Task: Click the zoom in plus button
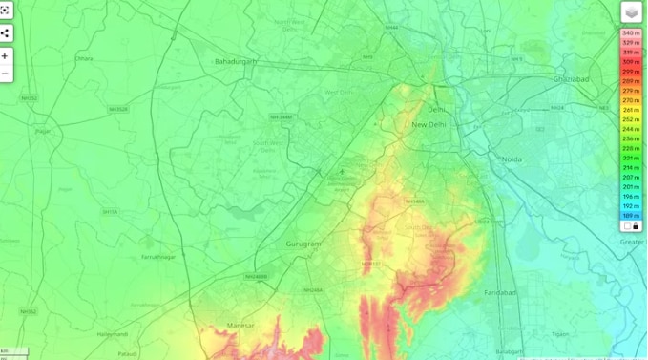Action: [x=5, y=56]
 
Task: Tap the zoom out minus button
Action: [x=5, y=74]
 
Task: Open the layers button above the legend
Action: [x=631, y=11]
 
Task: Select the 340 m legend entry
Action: [x=631, y=33]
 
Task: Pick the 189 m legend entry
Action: [x=631, y=216]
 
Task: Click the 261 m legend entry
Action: [x=631, y=110]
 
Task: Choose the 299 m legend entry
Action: [x=631, y=72]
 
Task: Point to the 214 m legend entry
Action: [x=631, y=168]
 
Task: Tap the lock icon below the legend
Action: [x=636, y=226]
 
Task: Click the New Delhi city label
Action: [x=429, y=125]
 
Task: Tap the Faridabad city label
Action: [x=500, y=292]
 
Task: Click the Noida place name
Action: [x=512, y=159]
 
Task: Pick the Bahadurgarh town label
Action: [x=237, y=61]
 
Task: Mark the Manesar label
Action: [x=241, y=326]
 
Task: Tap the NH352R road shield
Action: [x=118, y=109]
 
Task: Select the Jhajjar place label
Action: [x=42, y=131]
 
